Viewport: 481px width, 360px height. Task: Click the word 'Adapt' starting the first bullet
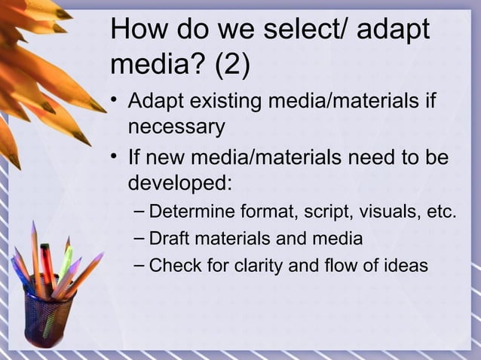point(156,102)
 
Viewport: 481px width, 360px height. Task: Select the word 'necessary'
point(176,127)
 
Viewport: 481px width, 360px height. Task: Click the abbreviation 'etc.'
point(441,212)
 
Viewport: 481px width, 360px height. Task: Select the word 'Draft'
point(170,239)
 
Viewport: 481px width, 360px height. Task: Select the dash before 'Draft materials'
point(137,239)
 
